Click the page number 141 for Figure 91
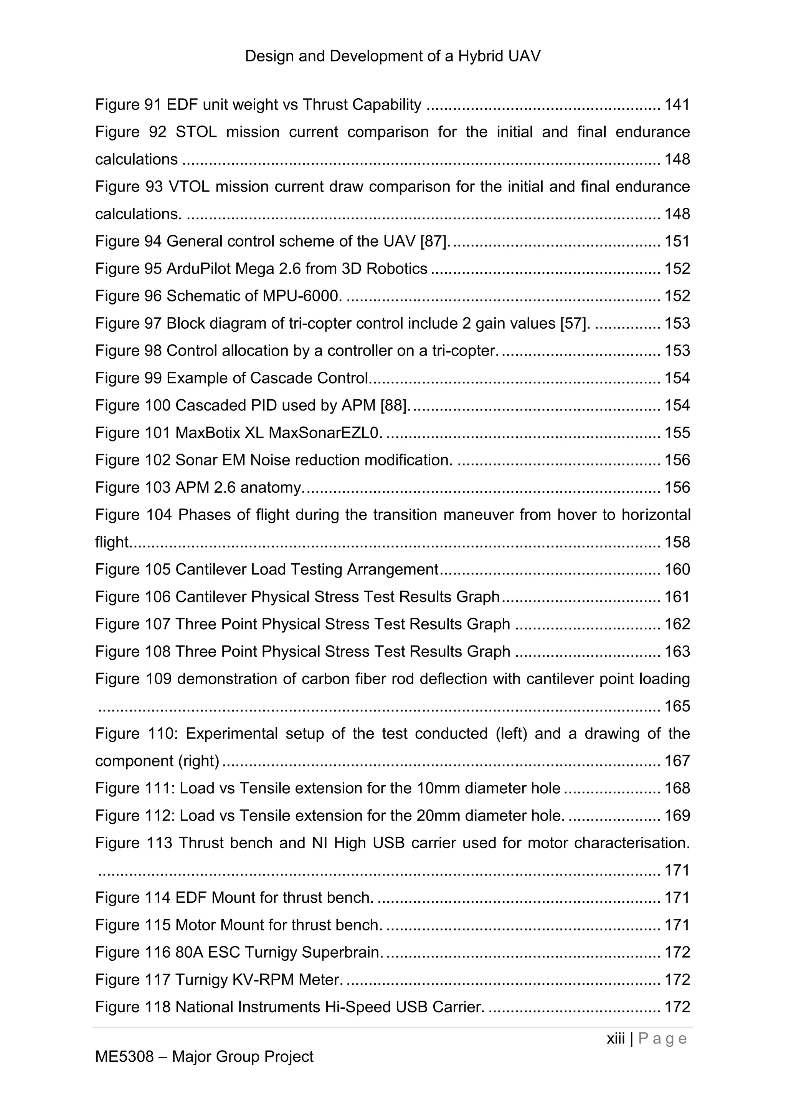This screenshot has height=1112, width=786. pos(677,104)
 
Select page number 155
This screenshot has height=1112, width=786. pos(677,432)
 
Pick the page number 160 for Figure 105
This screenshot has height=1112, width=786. pos(677,569)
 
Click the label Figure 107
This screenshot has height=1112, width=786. pos(133,624)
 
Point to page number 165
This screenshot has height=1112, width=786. pos(677,707)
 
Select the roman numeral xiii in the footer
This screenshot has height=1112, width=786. pos(616,1038)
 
